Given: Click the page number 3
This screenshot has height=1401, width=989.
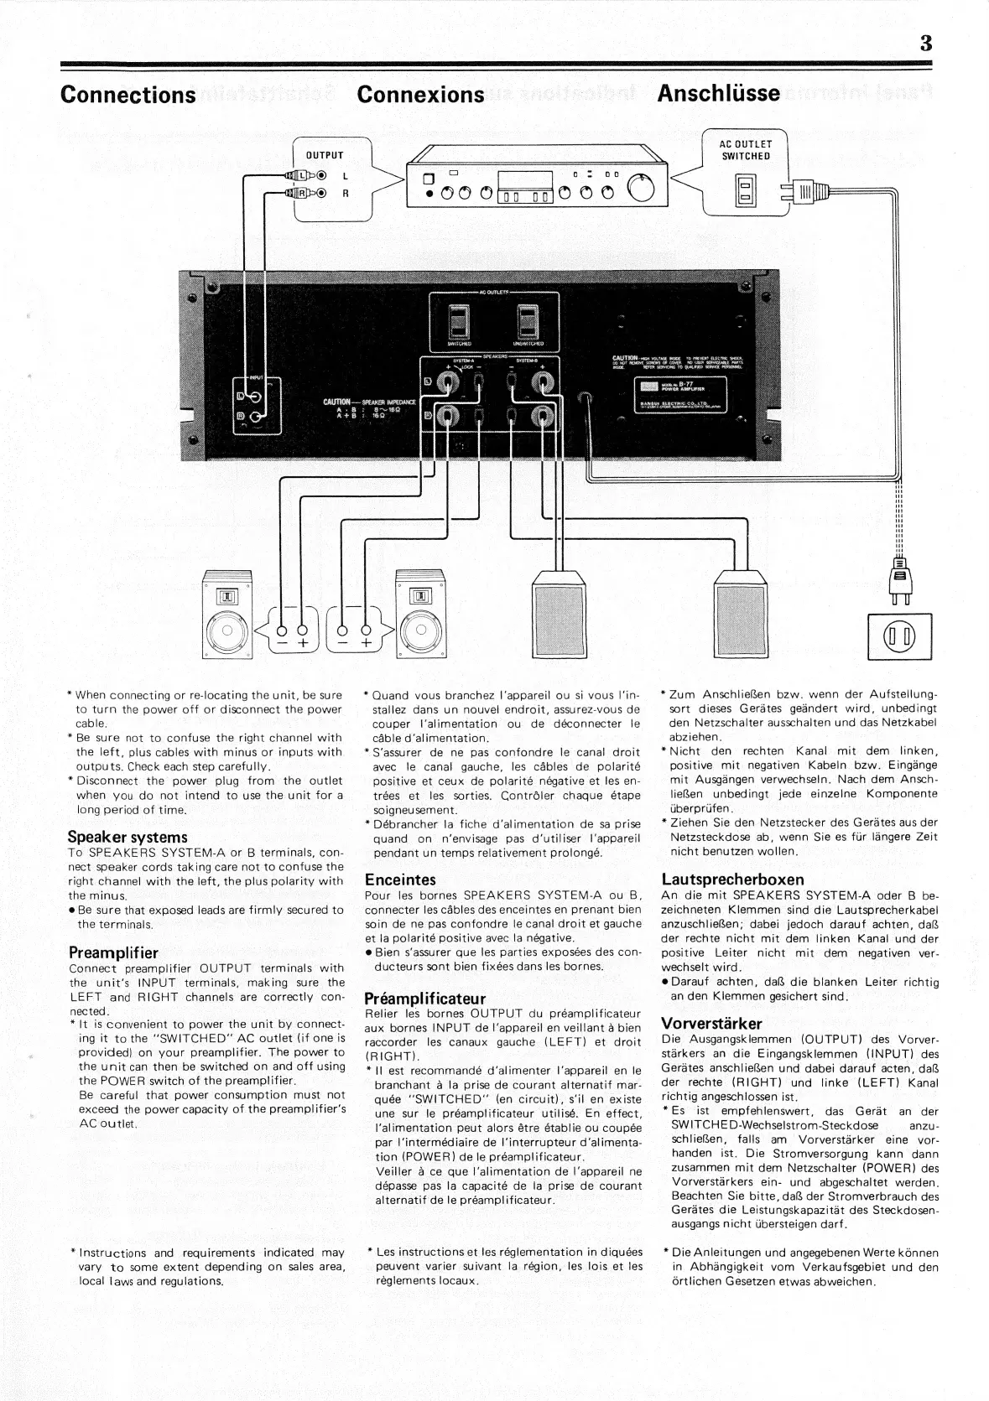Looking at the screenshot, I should pyautogui.click(x=925, y=44).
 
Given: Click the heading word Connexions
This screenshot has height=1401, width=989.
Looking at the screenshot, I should pyautogui.click(x=420, y=94).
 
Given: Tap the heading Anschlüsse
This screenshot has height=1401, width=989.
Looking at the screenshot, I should pyautogui.click(x=718, y=93).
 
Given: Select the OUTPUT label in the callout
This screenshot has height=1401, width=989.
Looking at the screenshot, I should pyautogui.click(x=325, y=155).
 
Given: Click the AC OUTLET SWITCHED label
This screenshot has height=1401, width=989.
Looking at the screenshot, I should pyautogui.click(x=745, y=150).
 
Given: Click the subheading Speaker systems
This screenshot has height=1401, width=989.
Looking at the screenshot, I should pyautogui.click(x=128, y=837).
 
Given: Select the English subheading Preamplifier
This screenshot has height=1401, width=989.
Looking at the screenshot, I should pyautogui.click(x=113, y=952).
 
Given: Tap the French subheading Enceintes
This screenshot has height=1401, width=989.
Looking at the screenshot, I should pyautogui.click(x=401, y=880).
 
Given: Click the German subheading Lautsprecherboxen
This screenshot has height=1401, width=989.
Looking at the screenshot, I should pyautogui.click(x=733, y=880).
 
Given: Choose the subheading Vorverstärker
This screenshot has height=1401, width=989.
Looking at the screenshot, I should pyautogui.click(x=711, y=1024).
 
